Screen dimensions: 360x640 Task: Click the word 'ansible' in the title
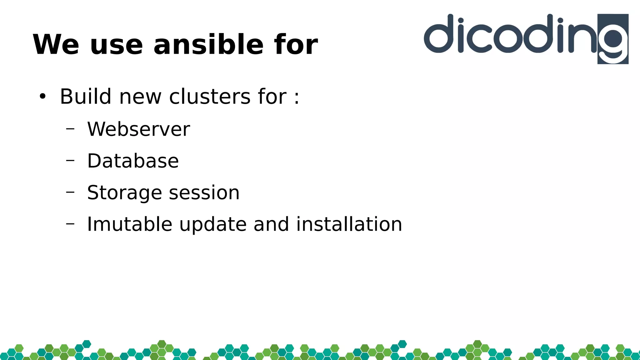208,45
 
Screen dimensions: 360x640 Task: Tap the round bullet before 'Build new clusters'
42,97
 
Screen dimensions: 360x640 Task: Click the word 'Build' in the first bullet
85,96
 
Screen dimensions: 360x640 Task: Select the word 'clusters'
210,96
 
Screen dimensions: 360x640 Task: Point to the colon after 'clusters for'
297,97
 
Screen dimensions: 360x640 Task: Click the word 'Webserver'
138,129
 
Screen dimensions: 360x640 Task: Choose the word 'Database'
133,161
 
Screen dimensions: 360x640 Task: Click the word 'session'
204,192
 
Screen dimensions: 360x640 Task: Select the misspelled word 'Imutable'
129,224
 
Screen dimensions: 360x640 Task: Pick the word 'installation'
349,224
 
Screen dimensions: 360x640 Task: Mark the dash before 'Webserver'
70,128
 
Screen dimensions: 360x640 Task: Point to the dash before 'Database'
70,160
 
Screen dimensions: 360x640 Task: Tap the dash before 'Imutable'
70,223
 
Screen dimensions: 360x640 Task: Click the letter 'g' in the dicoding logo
613,41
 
